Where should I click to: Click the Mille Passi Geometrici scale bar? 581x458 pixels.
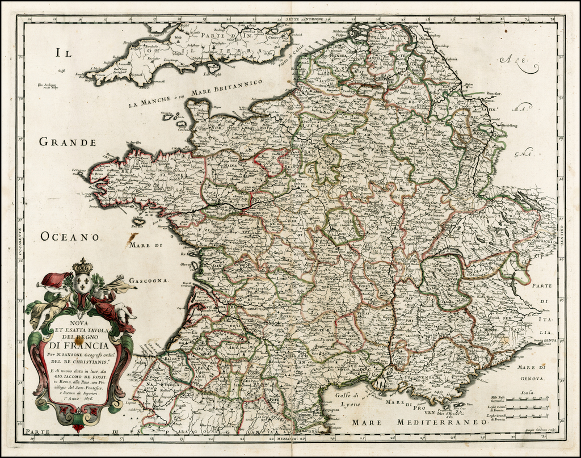[x=528, y=400]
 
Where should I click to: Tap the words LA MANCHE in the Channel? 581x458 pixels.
[x=149, y=103]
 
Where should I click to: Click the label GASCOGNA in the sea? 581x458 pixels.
[x=149, y=280]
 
